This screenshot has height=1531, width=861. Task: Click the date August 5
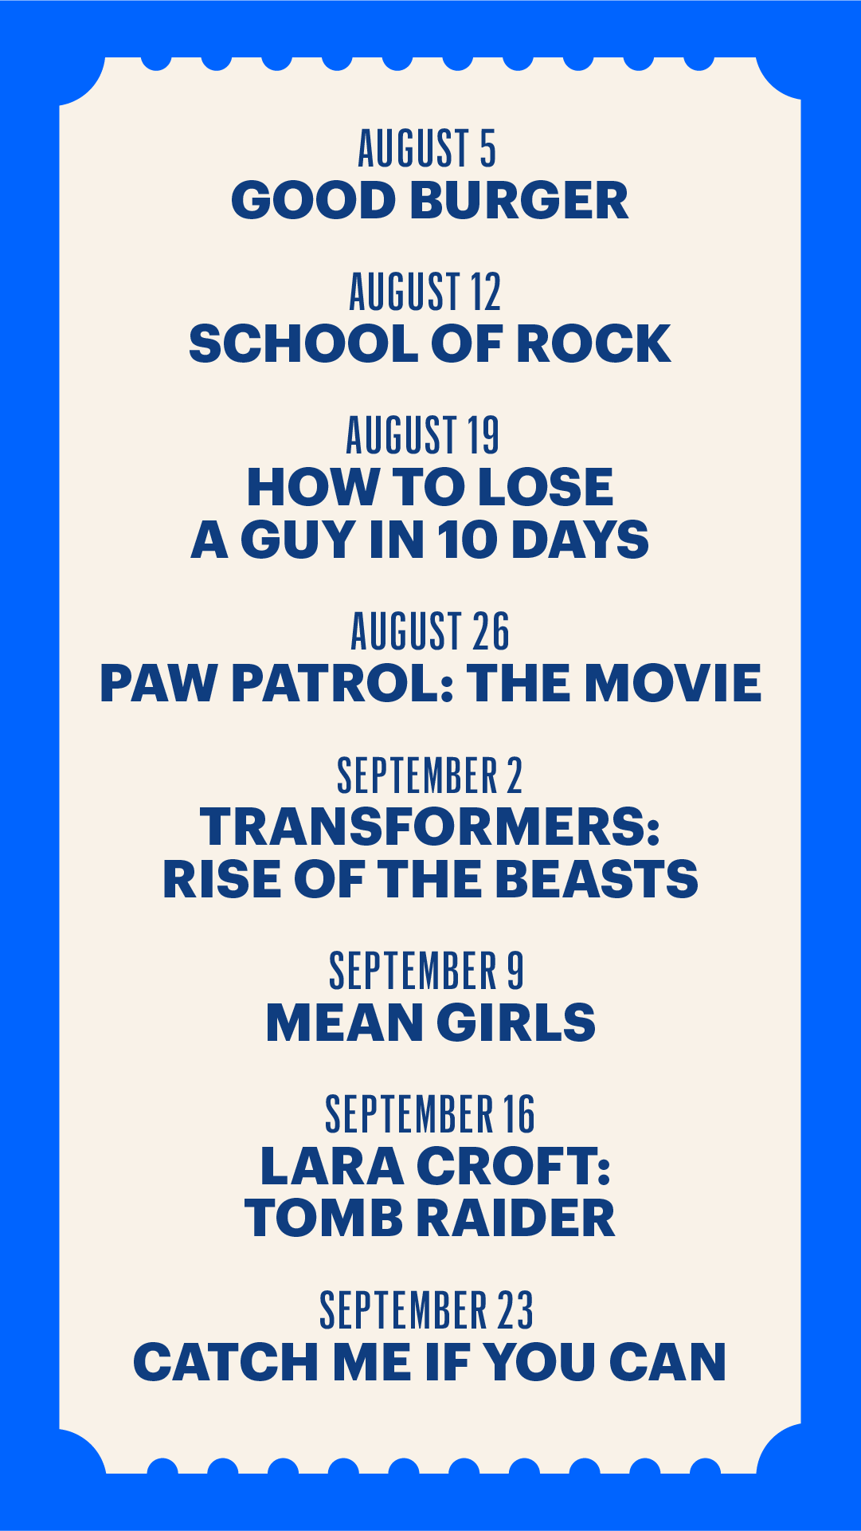tap(427, 148)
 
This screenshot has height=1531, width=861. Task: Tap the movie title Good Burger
tap(430, 200)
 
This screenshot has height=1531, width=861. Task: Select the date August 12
tap(425, 292)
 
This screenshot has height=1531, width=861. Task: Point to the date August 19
tap(423, 435)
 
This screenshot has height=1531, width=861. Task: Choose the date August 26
tap(430, 631)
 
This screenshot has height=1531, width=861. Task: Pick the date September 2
tap(430, 775)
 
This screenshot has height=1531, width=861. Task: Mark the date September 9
tap(427, 971)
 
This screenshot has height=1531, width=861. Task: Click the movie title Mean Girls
tap(431, 1023)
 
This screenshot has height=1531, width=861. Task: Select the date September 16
tap(430, 1114)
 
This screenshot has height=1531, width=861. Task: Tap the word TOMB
tap(323, 1219)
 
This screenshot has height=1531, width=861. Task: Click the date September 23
tap(427, 1310)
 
